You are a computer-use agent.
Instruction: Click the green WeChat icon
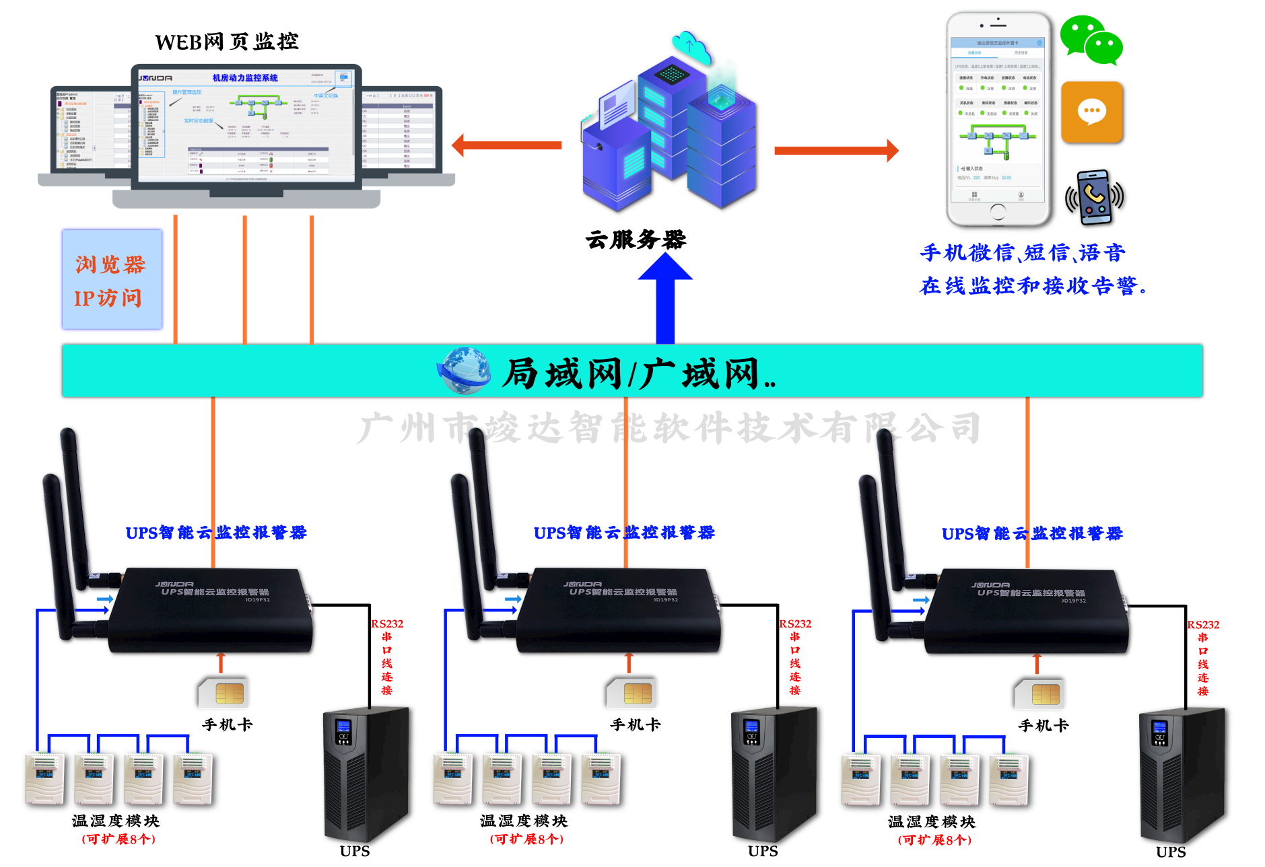coord(1091,40)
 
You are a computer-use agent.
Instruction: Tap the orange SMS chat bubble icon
coord(1091,112)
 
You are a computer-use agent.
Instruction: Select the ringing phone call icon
coord(1094,197)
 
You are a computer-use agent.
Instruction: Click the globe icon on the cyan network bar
coord(464,371)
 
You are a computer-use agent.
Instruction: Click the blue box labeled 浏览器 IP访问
coord(112,280)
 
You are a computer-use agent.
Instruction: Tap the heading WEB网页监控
coord(227,42)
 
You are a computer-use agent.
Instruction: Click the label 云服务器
coord(636,239)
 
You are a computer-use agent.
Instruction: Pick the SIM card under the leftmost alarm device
coord(223,692)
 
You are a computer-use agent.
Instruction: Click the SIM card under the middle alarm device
coord(631,693)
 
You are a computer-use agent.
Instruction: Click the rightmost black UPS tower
coord(1182,774)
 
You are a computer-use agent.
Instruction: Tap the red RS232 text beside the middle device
coord(795,624)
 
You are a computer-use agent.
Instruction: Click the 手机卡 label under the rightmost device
coord(1043,726)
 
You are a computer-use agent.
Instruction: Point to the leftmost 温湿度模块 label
coord(116,821)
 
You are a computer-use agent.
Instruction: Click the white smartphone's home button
coord(998,212)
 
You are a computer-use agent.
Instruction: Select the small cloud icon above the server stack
coord(692,46)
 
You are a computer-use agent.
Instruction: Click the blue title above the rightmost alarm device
coord(1031,534)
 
